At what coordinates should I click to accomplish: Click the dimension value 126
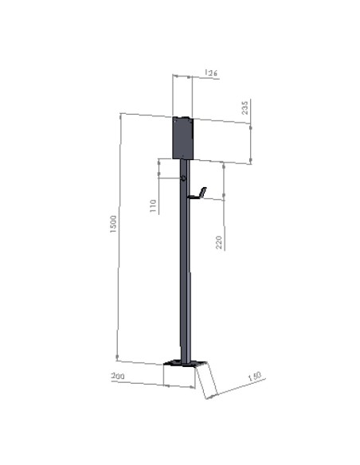pyautogui.click(x=211, y=73)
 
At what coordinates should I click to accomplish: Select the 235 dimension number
pyautogui.click(x=245, y=107)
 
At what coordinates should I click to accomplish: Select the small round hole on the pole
pyautogui.click(x=184, y=178)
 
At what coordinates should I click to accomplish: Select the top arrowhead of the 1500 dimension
pyautogui.click(x=120, y=116)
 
